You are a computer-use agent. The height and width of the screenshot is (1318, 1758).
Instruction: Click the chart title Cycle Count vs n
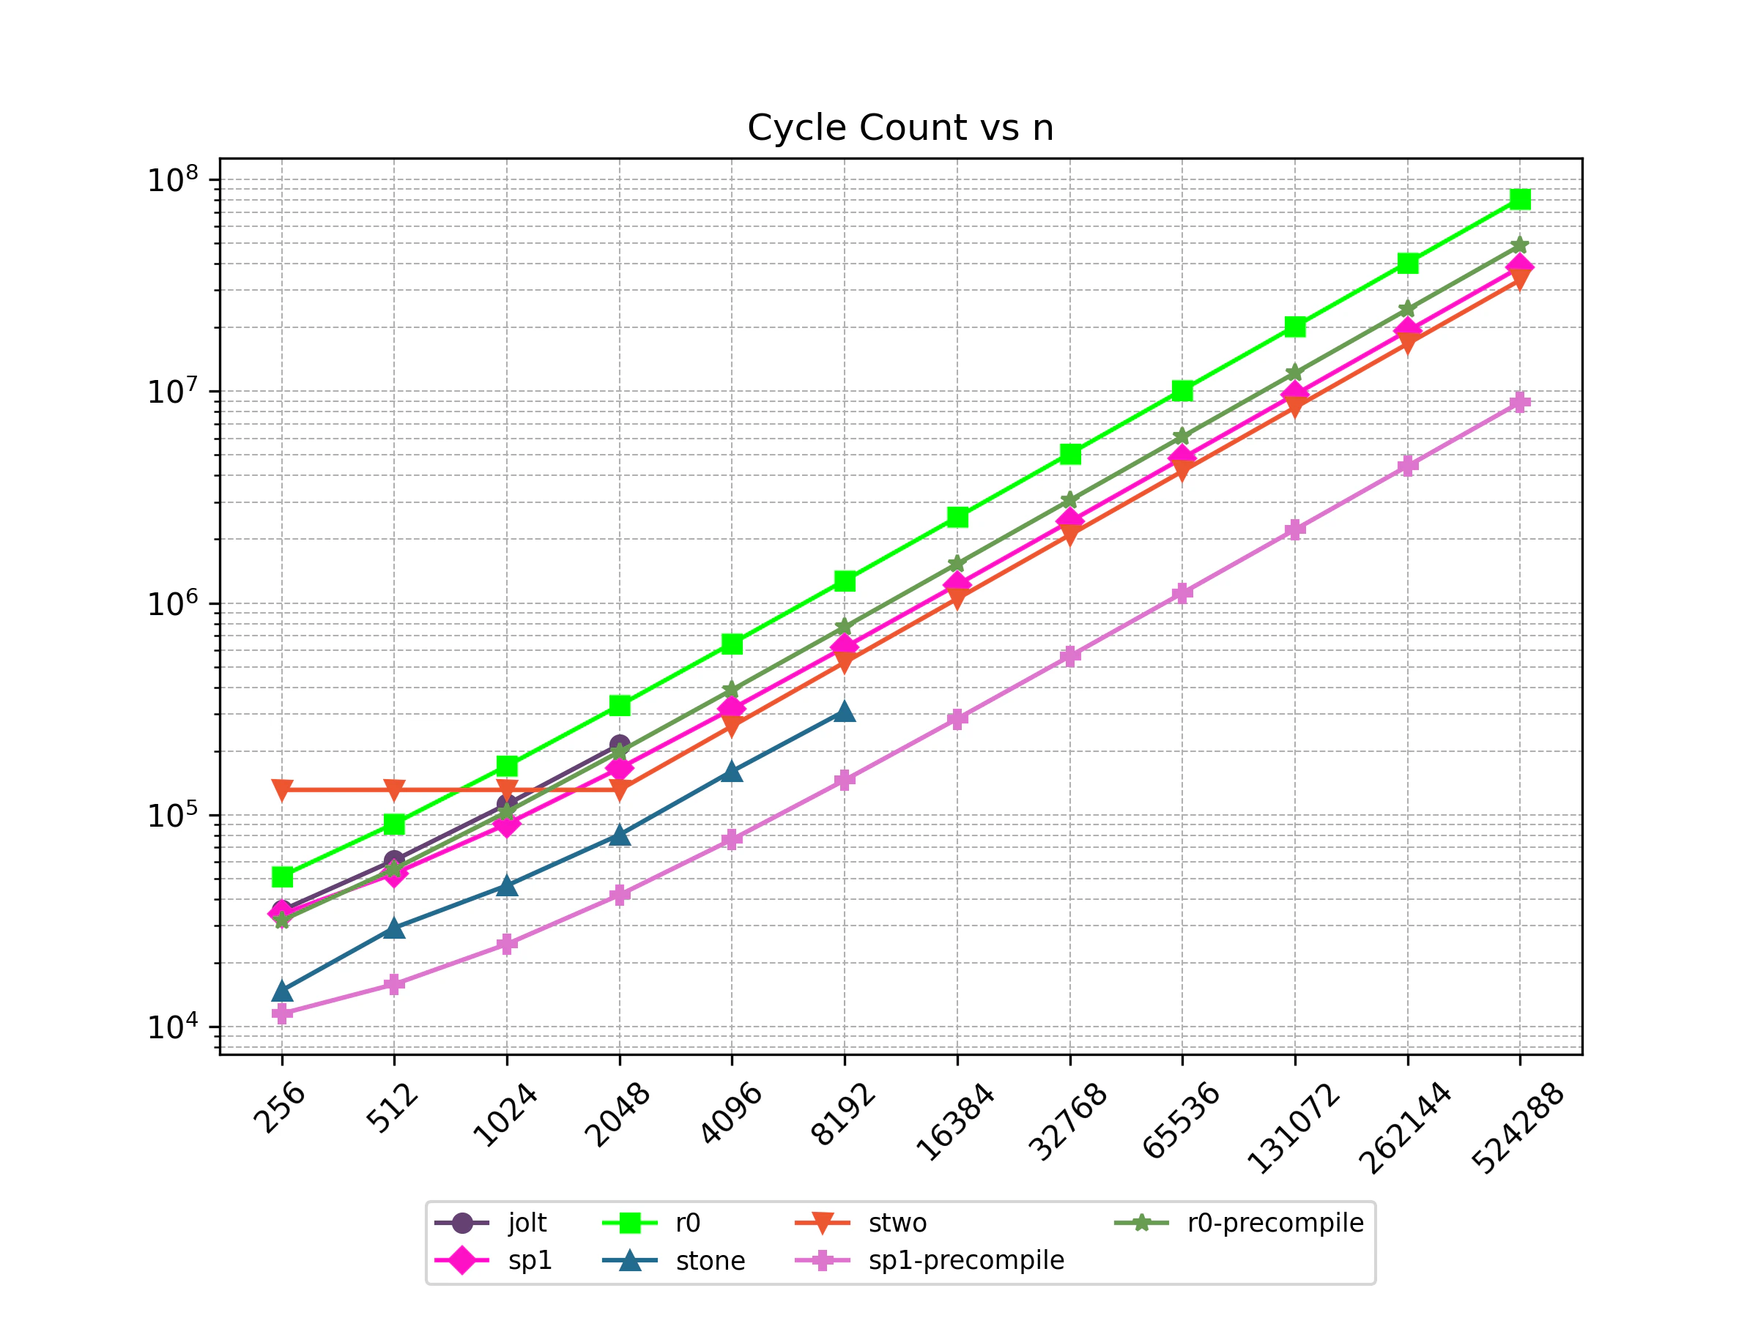point(900,128)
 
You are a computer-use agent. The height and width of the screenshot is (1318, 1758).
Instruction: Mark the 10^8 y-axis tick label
point(172,180)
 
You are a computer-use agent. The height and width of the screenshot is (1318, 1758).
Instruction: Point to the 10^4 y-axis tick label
point(172,1027)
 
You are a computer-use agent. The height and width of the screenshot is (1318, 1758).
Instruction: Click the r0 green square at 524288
point(1520,198)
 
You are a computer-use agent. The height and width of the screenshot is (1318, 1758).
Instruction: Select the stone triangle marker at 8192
point(845,712)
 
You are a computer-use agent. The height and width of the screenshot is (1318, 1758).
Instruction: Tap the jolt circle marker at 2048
point(619,745)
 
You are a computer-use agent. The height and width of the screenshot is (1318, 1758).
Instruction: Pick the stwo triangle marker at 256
point(282,789)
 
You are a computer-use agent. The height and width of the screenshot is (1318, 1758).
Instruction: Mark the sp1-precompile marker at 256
point(282,1013)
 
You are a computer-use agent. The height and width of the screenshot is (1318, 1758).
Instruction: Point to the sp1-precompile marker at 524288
point(1520,402)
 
